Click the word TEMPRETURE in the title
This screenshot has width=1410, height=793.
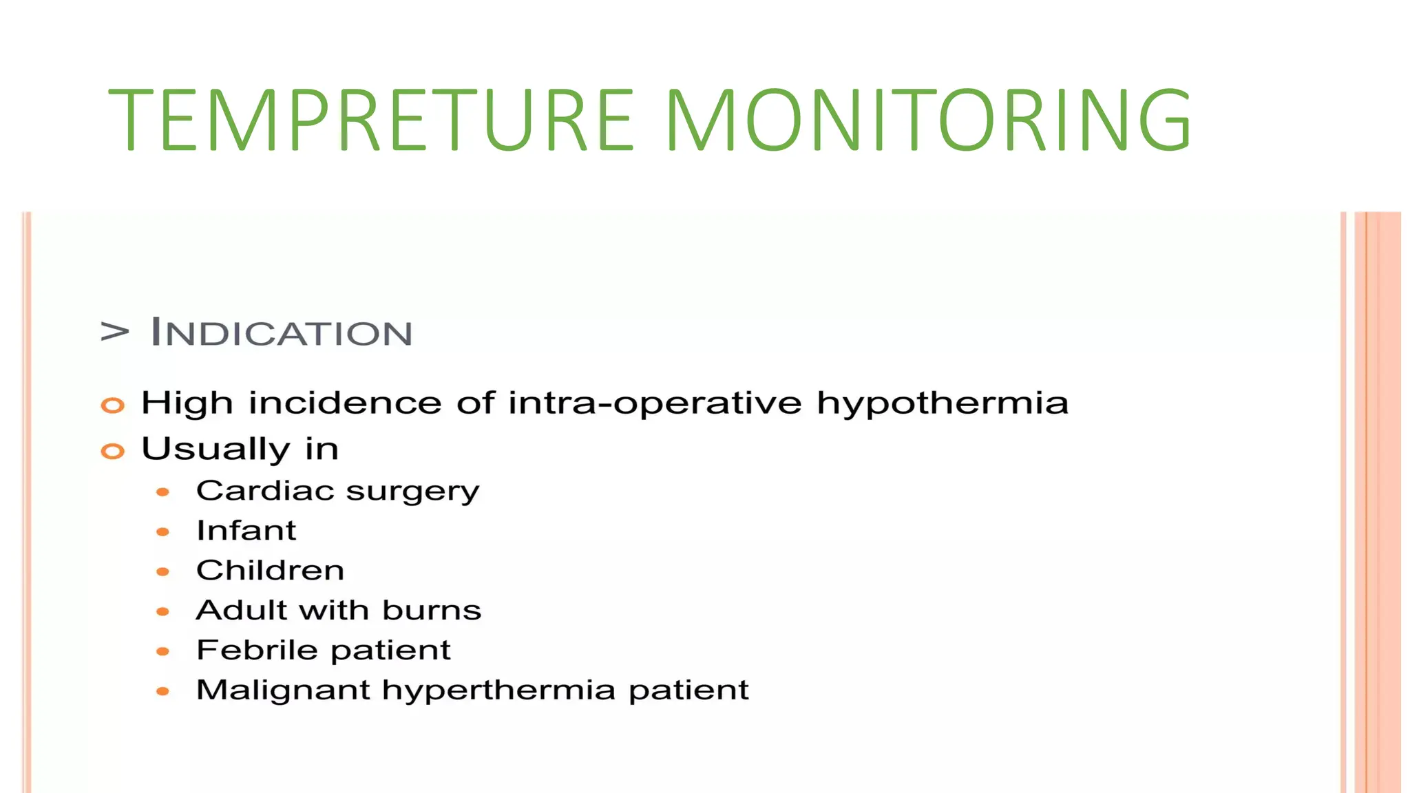pyautogui.click(x=370, y=120)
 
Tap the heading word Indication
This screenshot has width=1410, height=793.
pyautogui.click(x=281, y=332)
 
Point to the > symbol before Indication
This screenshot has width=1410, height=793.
pyautogui.click(x=114, y=331)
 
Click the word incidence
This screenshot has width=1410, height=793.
pyautogui.click(x=345, y=403)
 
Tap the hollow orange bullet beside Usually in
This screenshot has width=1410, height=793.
pyautogui.click(x=113, y=452)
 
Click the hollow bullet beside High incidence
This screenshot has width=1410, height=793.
pyautogui.click(x=113, y=405)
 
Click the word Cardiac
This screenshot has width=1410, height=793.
pyautogui.click(x=265, y=491)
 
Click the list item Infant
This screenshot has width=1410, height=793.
pyautogui.click(x=246, y=531)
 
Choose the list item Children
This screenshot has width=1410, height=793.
pyautogui.click(x=270, y=571)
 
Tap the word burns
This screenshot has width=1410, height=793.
pyautogui.click(x=432, y=611)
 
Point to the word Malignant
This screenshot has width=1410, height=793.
pyautogui.click(x=283, y=690)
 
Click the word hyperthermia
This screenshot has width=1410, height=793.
pyautogui.click(x=498, y=690)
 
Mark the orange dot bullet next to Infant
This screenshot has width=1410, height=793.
pyautogui.click(x=163, y=532)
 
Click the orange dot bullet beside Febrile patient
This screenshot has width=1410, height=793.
pyautogui.click(x=163, y=651)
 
